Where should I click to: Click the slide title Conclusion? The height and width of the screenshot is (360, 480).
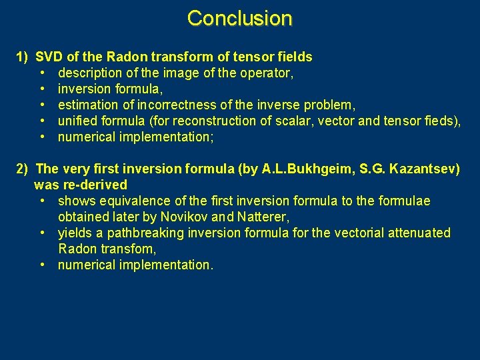(x=239, y=18)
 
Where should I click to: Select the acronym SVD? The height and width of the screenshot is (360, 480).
(x=49, y=57)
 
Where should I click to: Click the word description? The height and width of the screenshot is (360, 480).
(x=89, y=73)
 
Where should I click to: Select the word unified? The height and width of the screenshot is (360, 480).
(x=77, y=121)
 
